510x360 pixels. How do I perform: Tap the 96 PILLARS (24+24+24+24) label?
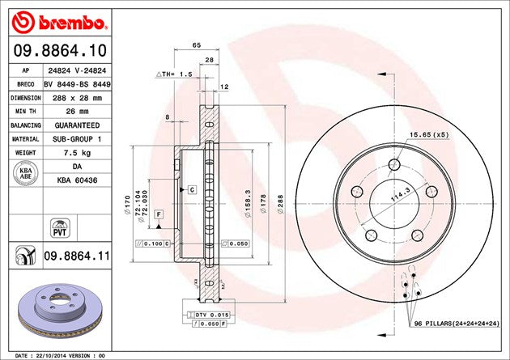[x=458, y=324]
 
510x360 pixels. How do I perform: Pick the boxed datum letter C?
[x=193, y=189]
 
